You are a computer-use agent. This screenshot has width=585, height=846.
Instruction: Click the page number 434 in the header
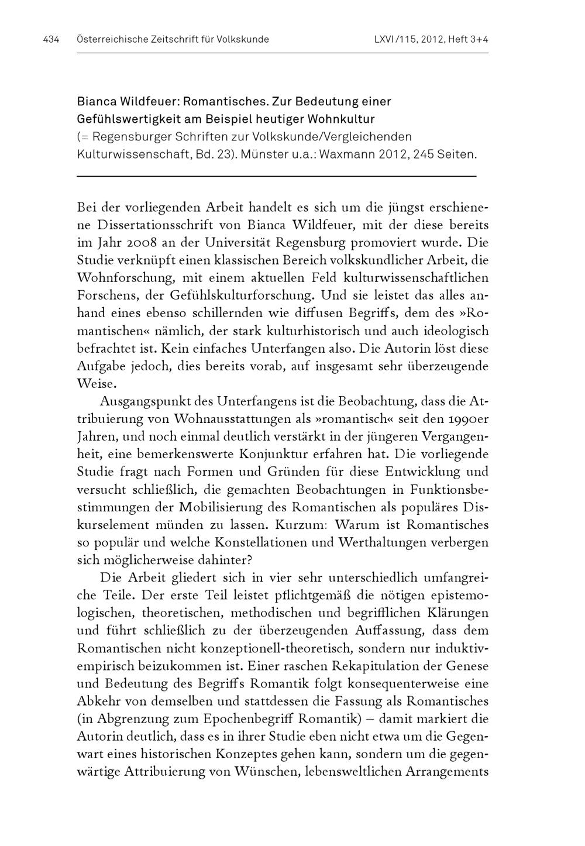click(x=51, y=40)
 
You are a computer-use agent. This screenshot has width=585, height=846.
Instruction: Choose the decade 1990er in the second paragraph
click(x=466, y=419)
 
